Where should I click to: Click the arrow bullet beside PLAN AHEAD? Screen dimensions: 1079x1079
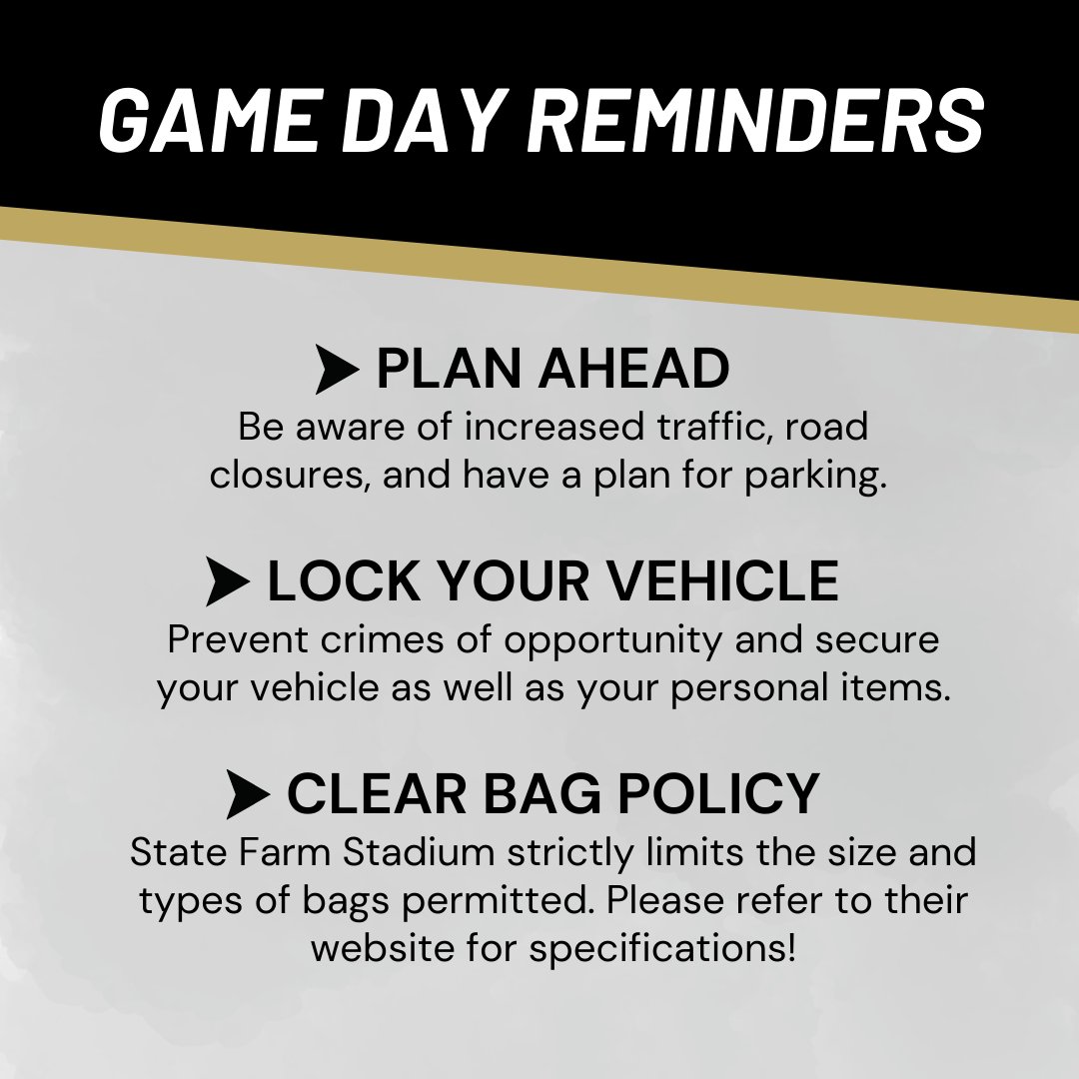(336, 370)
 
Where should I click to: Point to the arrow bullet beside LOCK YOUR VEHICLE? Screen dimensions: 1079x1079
(228, 581)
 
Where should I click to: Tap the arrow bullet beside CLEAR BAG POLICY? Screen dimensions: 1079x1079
(248, 795)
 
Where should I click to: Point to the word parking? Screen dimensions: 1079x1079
(815, 476)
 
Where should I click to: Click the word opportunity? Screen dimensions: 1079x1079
(611, 639)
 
